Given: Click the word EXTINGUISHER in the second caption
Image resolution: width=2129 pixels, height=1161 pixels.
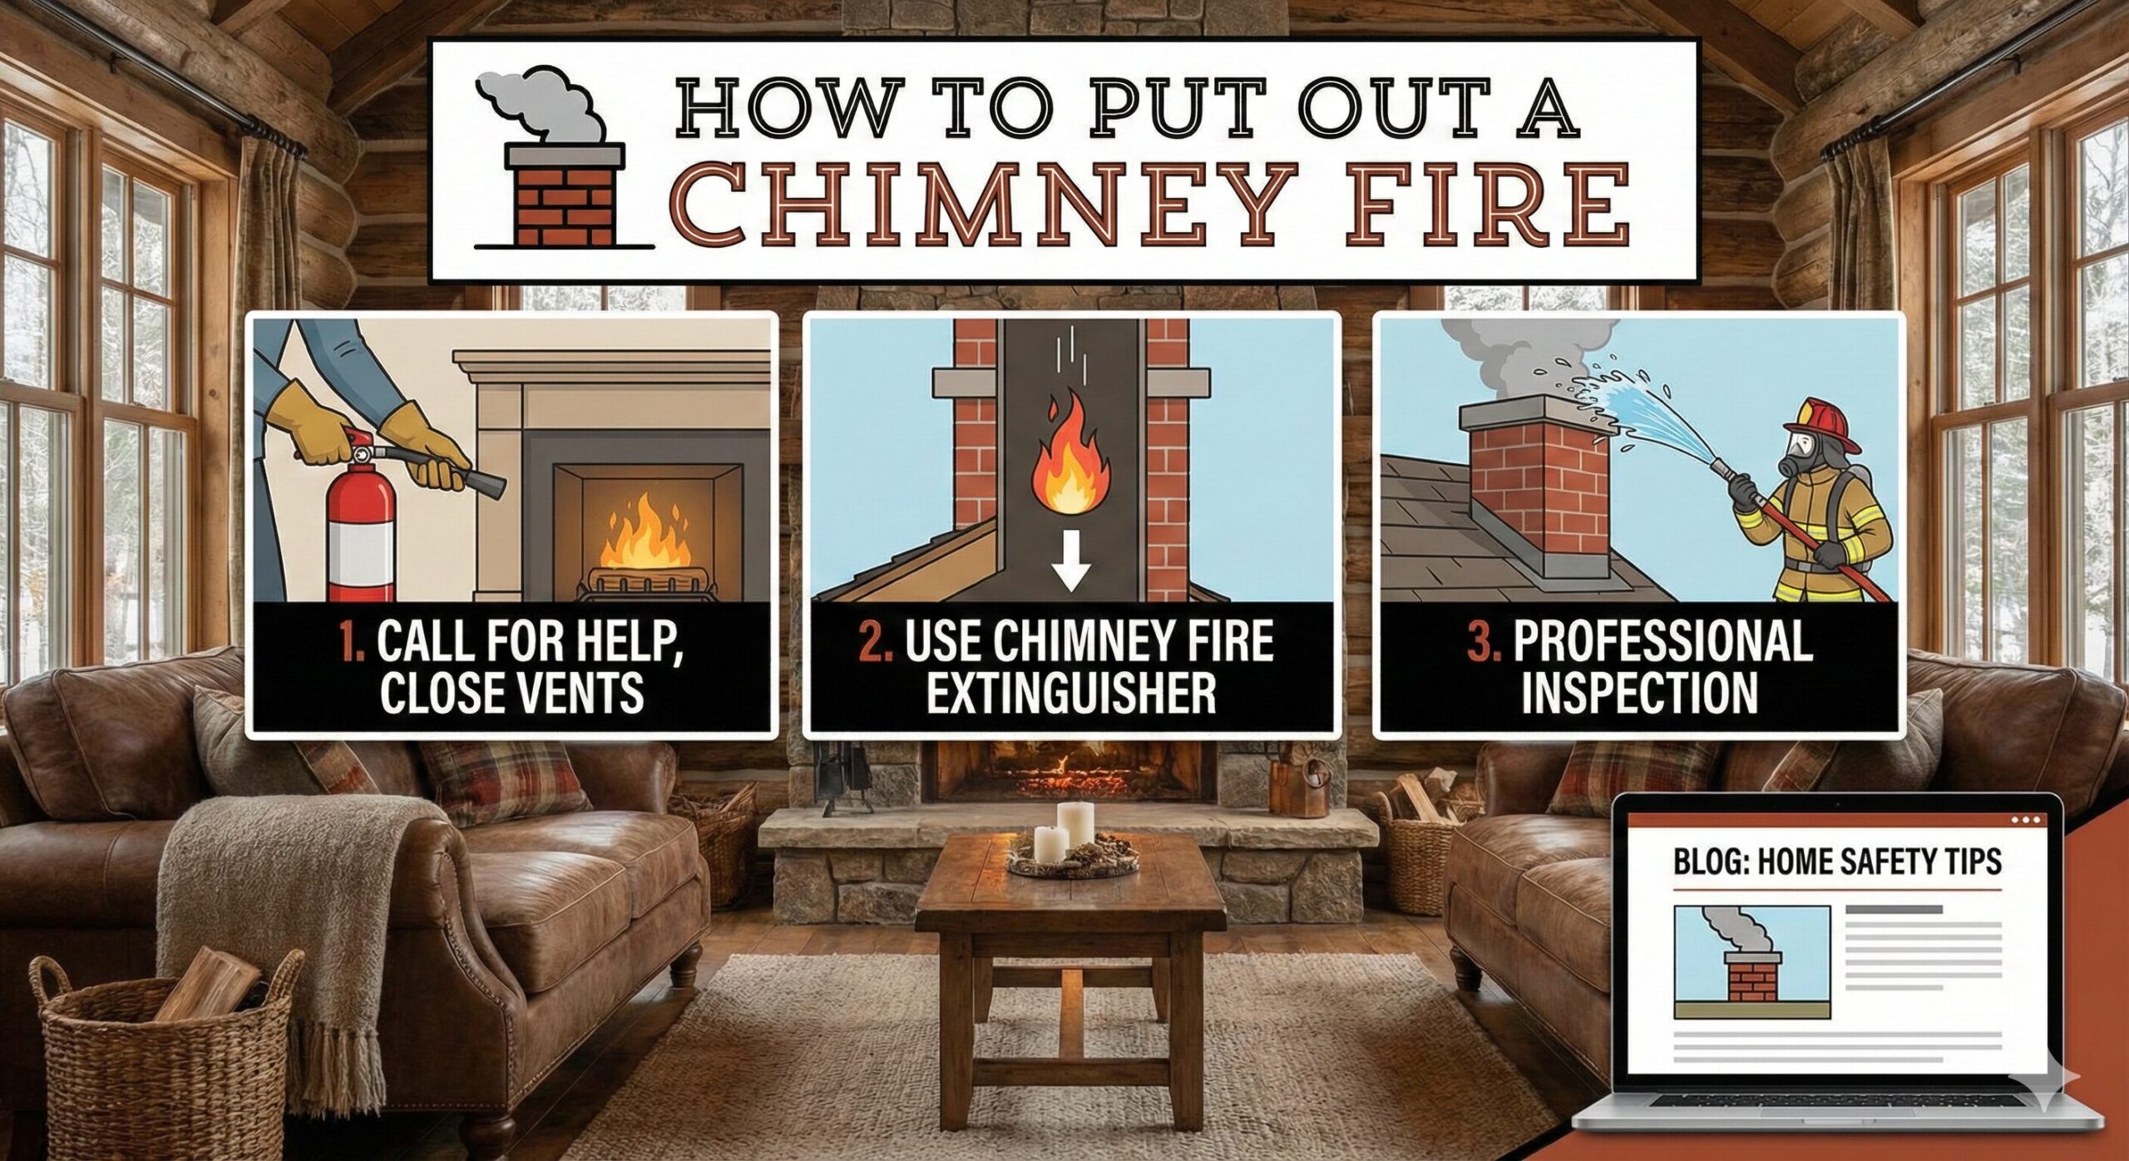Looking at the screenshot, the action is pyautogui.click(x=1071, y=692).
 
